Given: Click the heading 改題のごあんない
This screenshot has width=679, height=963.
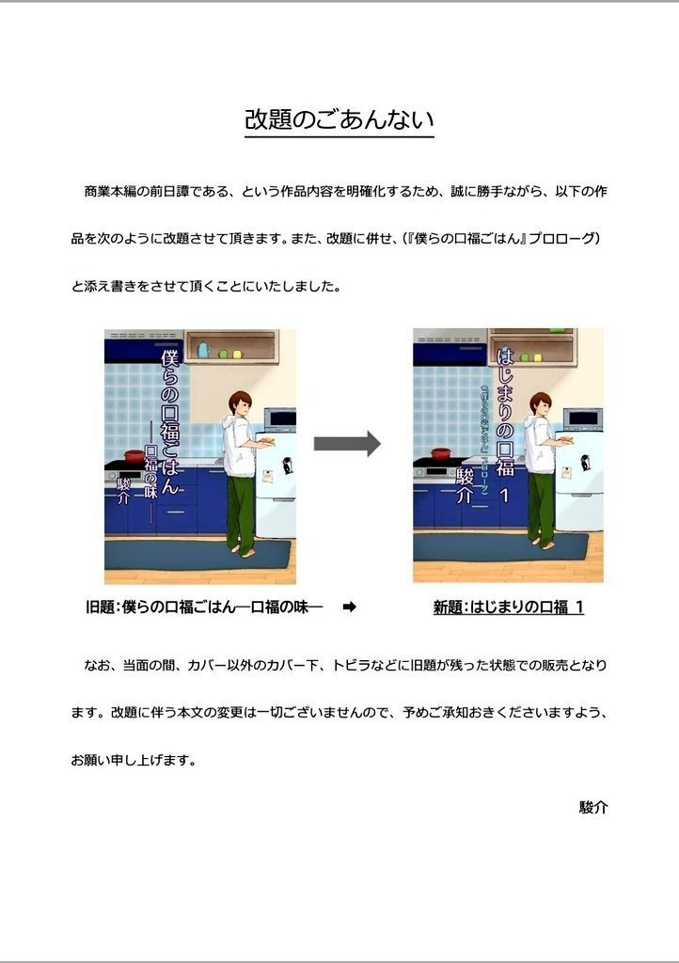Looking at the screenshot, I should click(x=339, y=120).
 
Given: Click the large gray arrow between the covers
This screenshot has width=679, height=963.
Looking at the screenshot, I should click(x=347, y=444).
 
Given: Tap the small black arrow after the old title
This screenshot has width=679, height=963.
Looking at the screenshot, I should click(x=349, y=608).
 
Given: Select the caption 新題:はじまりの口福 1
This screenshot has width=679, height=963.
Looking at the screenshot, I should click(x=508, y=608).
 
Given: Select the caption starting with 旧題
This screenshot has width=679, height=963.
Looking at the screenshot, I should click(x=204, y=608).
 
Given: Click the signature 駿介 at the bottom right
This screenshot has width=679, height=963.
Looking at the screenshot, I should click(x=593, y=807).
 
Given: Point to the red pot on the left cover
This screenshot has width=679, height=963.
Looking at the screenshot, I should click(x=130, y=453).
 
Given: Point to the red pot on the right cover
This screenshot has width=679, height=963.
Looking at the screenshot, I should click(x=439, y=453).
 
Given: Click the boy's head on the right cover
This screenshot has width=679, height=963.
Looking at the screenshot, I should click(x=542, y=405).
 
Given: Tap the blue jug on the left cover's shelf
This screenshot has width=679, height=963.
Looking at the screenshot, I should click(x=202, y=350).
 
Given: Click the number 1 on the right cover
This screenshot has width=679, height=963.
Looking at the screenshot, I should click(x=505, y=493).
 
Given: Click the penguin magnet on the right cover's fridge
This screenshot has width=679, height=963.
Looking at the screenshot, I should click(x=585, y=462).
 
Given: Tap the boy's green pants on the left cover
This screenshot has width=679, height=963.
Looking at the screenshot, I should click(x=240, y=508).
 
